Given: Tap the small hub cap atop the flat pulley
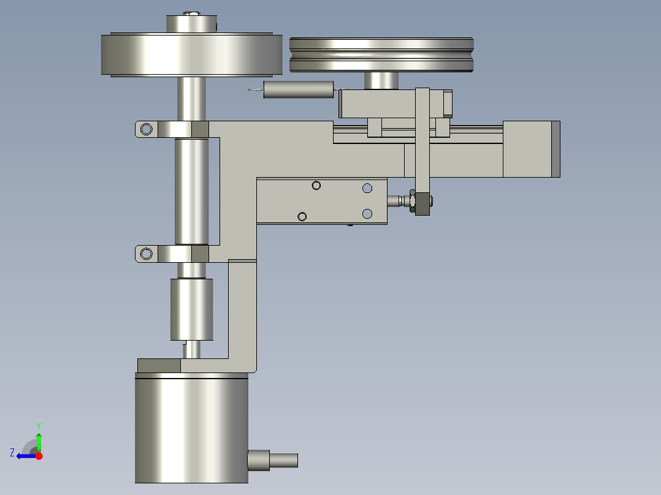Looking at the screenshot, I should click(192, 24).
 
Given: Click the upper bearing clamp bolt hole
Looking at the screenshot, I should click(146, 129).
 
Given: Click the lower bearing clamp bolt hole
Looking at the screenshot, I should click(146, 254).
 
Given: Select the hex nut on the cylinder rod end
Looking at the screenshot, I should click(422, 203).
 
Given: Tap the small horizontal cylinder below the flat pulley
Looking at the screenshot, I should click(298, 91).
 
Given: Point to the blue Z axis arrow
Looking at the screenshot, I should click(25, 456).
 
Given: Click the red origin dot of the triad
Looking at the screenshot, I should click(39, 456).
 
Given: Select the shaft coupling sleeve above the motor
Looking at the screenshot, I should click(191, 309).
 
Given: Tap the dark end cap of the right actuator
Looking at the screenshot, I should click(556, 149).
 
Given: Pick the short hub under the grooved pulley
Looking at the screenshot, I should click(381, 80).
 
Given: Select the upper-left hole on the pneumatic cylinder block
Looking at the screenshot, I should click(316, 186).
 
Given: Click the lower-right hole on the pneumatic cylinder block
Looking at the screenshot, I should click(367, 213).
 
